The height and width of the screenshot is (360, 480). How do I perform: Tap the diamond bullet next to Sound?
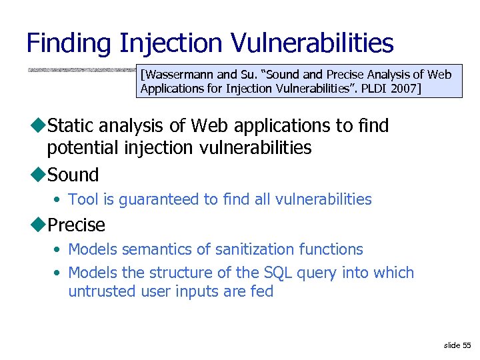click(x=40, y=175)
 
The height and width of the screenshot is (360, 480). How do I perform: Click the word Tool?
click(x=83, y=199)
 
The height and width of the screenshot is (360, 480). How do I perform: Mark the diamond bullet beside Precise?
click(x=40, y=225)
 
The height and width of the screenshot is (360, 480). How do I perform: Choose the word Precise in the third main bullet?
click(x=77, y=225)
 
